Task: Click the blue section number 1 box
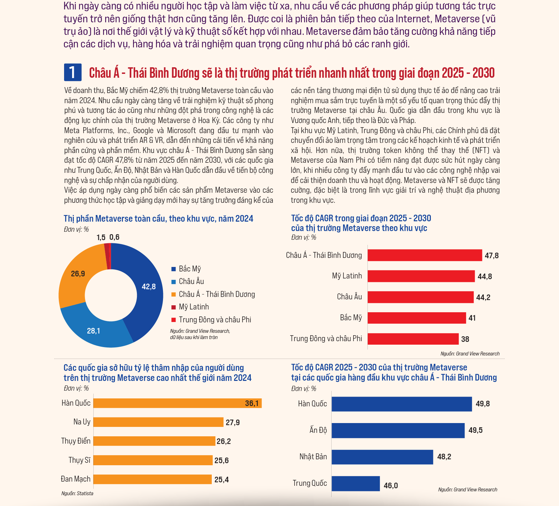pos(72,72)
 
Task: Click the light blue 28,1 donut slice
pos(94,329)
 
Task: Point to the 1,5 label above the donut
pos(101,238)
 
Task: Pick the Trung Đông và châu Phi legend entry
pos(211,320)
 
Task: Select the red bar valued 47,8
pos(425,255)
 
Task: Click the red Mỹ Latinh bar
pos(421,276)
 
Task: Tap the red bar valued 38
pos(413,339)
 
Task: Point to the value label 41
pos(472,318)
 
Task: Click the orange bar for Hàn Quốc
pos(178,403)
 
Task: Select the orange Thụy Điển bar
pos(154,441)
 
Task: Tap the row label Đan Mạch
pos(76,479)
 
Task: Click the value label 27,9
pos(233,423)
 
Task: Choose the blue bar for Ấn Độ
pos(398,430)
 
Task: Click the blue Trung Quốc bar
pos(356,484)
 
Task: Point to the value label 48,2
pos(444,457)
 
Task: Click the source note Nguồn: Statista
pos(77,493)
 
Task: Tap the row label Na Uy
pos(82,422)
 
